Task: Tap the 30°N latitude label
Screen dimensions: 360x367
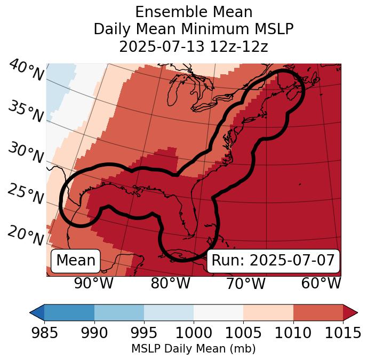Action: [x=26, y=153]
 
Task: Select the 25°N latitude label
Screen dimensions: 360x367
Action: [x=26, y=194]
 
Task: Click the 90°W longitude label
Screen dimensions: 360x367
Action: [x=94, y=283]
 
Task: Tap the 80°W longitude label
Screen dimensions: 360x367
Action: [x=170, y=283]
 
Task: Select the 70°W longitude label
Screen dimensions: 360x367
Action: [x=245, y=283]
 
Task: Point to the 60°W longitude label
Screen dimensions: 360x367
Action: [x=321, y=283]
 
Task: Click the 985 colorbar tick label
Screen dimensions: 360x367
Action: [x=44, y=333]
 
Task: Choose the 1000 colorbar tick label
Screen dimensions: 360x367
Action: [x=194, y=333]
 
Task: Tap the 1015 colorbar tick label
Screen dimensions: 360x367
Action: [x=343, y=333]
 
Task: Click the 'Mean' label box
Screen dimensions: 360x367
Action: [x=76, y=261]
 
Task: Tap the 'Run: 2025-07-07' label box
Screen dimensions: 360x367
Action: [x=273, y=261]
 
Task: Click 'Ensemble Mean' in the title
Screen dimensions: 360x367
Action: [x=193, y=12]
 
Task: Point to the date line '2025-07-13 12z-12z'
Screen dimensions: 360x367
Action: [x=193, y=46]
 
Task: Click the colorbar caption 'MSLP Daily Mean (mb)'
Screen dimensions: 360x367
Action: [x=193, y=349]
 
